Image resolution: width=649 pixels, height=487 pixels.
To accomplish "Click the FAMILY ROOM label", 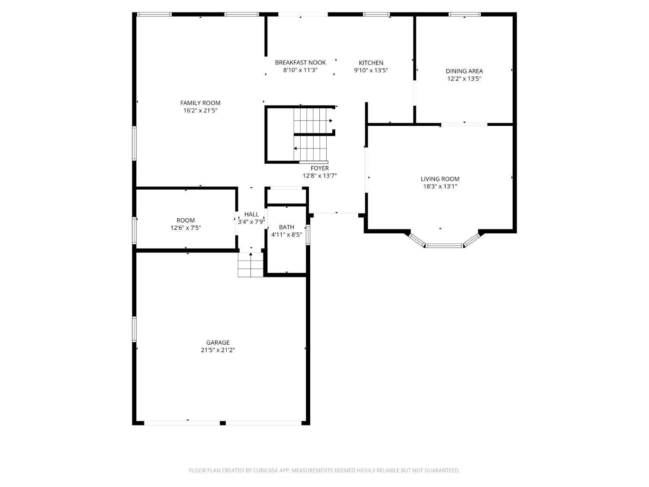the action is click(200, 103).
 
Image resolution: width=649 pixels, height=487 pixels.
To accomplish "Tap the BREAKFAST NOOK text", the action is click(300, 62).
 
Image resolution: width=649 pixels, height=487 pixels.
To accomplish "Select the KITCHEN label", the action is click(371, 63).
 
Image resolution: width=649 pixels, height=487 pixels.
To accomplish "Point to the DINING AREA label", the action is click(464, 71).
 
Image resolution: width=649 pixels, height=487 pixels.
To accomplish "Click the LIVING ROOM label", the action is click(440, 179).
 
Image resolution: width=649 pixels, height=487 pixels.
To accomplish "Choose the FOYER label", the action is click(320, 168).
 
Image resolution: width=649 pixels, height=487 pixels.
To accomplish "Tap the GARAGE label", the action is click(218, 342).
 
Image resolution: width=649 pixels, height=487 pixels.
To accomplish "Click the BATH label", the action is click(286, 227).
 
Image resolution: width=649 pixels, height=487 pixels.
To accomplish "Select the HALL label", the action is click(251, 214).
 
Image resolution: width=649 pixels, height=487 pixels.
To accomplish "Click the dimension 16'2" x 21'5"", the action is click(200, 110).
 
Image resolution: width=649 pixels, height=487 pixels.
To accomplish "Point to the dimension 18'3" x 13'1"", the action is click(440, 187).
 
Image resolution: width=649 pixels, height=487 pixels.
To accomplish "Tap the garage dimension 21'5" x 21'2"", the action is click(218, 350).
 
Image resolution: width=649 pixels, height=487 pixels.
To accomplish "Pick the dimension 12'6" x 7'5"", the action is click(186, 228).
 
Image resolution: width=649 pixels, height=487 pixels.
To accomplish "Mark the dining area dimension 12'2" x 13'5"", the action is click(464, 79).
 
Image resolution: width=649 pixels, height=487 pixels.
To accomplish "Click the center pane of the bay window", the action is click(444, 245).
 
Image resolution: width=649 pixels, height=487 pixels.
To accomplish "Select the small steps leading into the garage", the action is click(251, 264).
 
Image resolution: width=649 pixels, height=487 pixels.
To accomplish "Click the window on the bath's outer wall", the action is click(308, 235).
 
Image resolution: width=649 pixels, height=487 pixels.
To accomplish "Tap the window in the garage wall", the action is click(134, 329).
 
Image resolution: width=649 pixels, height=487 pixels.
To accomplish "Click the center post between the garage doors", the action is click(223, 423).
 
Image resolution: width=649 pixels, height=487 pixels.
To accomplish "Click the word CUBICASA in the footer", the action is click(266, 471).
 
